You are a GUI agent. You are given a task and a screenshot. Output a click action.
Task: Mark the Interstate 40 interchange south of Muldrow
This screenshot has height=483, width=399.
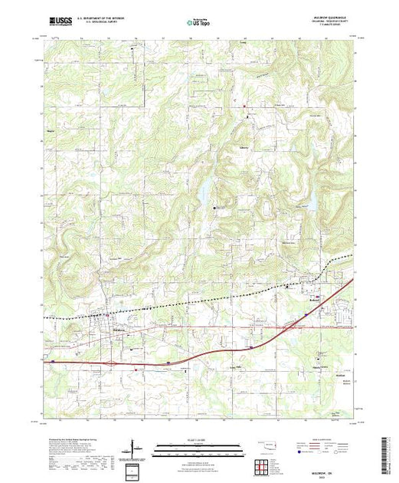point(113,363)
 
